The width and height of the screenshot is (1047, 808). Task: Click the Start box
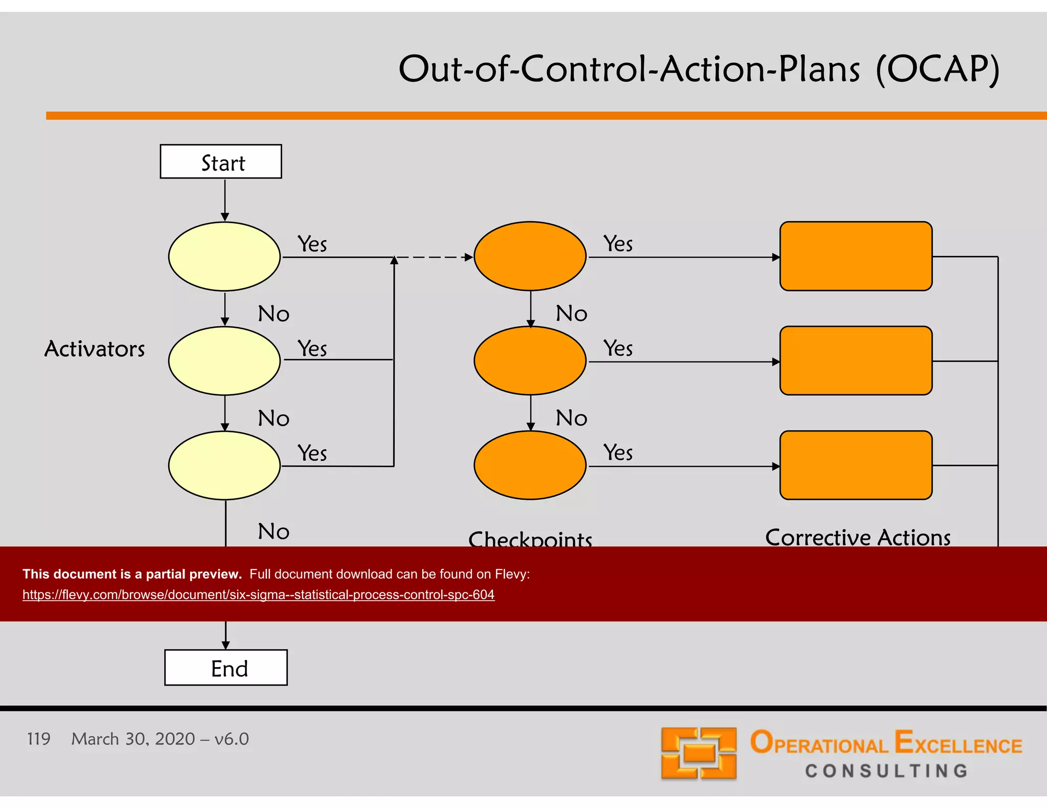pos(221,162)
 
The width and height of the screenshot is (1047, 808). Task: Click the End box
pos(226,668)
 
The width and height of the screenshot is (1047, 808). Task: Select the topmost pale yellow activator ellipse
pos(224,256)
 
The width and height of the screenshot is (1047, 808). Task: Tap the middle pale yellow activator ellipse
pos(224,361)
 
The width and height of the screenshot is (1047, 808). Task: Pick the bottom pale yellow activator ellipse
pos(224,465)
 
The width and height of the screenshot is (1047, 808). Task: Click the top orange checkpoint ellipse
pos(530,256)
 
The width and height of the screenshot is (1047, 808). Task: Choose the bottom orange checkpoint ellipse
pos(530,465)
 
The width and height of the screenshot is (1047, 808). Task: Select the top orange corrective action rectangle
pos(856,256)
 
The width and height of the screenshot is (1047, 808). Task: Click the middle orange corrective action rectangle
pos(856,361)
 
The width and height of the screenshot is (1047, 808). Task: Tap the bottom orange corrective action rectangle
pos(856,465)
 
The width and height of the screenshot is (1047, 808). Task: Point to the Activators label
pos(95,349)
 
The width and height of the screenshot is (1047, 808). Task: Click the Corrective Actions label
pos(858,537)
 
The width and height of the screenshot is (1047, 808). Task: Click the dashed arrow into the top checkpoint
pos(435,257)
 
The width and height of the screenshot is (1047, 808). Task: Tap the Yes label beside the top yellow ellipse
pos(312,244)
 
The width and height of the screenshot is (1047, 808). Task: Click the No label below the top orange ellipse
pos(572,313)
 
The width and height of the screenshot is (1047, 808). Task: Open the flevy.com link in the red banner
pos(258,595)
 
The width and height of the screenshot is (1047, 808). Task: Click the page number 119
pos(39,739)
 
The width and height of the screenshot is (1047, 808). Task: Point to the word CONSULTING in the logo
pos(886,771)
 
